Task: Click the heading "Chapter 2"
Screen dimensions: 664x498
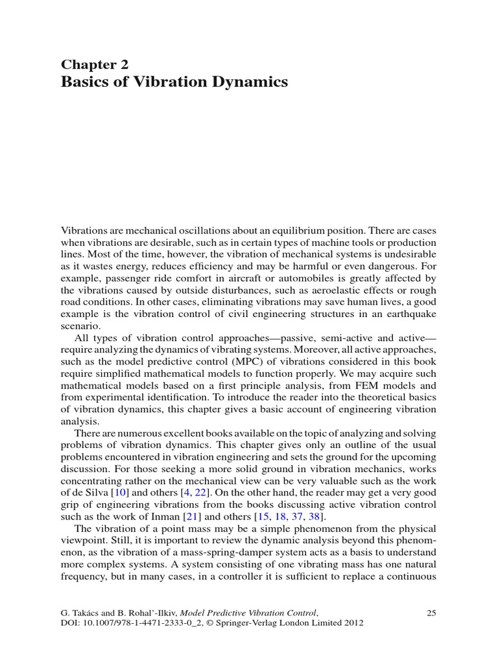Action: click(x=95, y=64)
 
